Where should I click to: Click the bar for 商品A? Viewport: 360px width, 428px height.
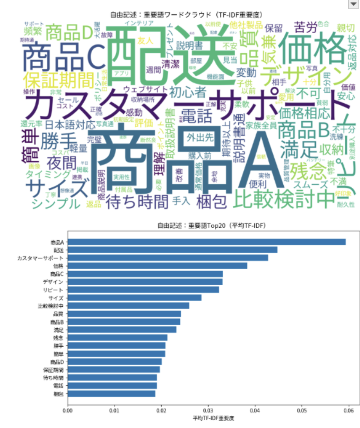pos(207,242)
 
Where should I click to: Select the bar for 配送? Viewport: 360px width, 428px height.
pos(173,249)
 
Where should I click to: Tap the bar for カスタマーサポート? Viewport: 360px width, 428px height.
pos(168,258)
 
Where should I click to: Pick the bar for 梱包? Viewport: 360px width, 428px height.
pos(112,394)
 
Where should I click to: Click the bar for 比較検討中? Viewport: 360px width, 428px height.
pos(129,306)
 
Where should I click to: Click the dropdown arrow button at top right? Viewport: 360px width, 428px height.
pos(353,4)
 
